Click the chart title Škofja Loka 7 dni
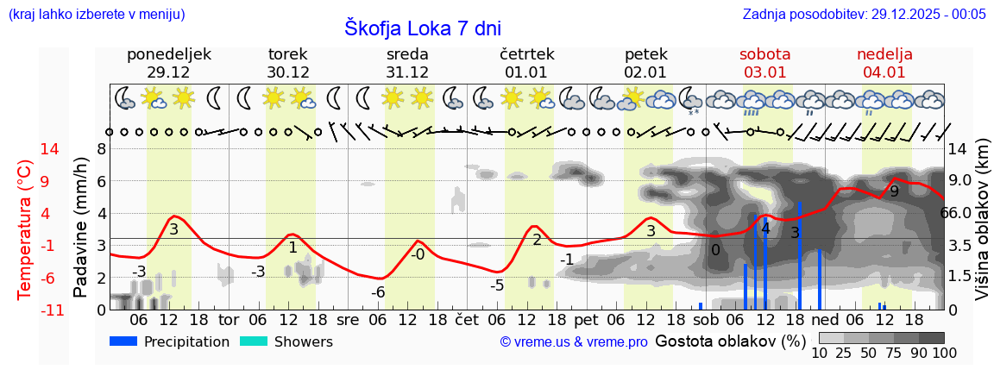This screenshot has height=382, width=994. (422, 28)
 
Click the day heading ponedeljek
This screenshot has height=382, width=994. (169, 54)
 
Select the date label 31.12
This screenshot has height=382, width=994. (407, 72)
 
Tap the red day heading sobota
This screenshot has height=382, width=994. (764, 54)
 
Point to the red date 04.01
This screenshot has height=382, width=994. (884, 72)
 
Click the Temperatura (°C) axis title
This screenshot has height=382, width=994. (25, 229)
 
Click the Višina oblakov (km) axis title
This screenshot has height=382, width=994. (982, 229)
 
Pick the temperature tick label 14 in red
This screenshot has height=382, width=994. (26, 149)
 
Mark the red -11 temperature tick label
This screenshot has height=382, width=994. (26, 310)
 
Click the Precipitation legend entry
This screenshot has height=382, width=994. (169, 341)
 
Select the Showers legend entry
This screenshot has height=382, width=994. (286, 341)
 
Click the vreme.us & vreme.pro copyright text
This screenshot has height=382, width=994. (574, 342)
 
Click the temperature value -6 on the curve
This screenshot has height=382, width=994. (378, 292)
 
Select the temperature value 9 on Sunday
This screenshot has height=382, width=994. (894, 191)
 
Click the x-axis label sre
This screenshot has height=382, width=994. (348, 319)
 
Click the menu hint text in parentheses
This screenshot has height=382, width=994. (96, 14)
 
